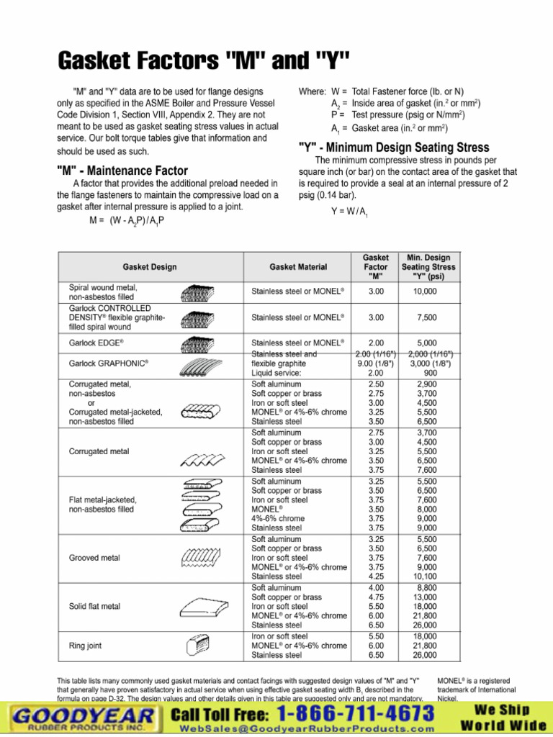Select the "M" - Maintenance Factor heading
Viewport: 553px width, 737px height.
(x=122, y=171)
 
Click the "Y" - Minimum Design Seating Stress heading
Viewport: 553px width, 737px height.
(x=394, y=147)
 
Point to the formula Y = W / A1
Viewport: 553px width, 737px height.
(x=349, y=212)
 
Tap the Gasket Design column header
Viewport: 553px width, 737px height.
(x=150, y=267)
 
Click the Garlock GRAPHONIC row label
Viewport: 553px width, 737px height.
(x=104, y=363)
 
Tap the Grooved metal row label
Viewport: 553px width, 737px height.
(x=94, y=558)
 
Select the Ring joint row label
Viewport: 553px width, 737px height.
(x=85, y=646)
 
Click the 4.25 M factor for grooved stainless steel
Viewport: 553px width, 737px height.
(x=375, y=577)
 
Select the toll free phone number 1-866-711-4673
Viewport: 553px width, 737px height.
(x=356, y=714)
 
